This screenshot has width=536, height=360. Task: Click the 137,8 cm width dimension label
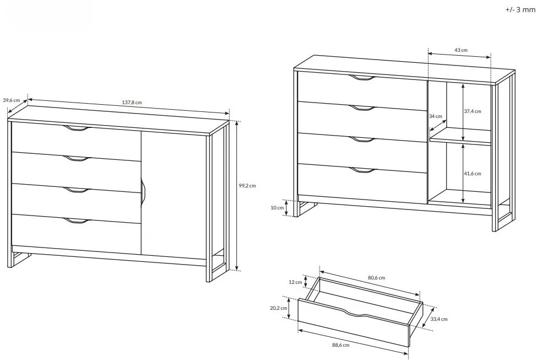click(132, 103)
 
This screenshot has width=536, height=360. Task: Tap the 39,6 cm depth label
click(11, 100)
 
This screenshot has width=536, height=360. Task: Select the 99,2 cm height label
click(247, 186)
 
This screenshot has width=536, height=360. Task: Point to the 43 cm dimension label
click(461, 50)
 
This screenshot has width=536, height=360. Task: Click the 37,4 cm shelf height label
click(473, 111)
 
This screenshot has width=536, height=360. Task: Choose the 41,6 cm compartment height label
click(473, 174)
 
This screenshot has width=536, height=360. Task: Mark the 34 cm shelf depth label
click(436, 116)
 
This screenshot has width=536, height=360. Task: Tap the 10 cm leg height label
click(277, 208)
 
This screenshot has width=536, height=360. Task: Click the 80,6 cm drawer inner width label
click(376, 277)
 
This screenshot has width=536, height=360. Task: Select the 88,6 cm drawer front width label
click(341, 345)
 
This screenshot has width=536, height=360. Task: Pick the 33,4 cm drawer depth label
click(439, 319)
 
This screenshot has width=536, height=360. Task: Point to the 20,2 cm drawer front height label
click(279, 308)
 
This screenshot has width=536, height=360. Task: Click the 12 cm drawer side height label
click(295, 282)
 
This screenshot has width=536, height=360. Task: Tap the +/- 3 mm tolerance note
click(521, 9)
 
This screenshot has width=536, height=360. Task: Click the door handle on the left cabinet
click(143, 193)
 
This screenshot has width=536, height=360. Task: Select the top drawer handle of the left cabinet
click(77, 128)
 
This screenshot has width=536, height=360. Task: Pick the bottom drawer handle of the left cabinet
click(77, 221)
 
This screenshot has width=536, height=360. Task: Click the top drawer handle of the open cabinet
click(362, 78)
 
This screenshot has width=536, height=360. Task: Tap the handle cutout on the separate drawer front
click(357, 313)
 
